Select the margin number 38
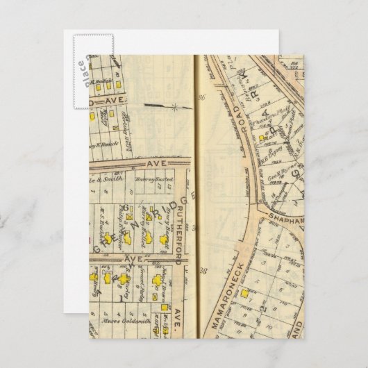(x=203, y=270)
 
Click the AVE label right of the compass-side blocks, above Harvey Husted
(x=154, y=163)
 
